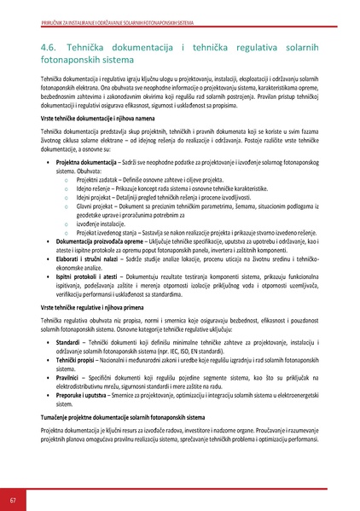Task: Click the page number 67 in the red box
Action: click(x=12, y=498)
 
